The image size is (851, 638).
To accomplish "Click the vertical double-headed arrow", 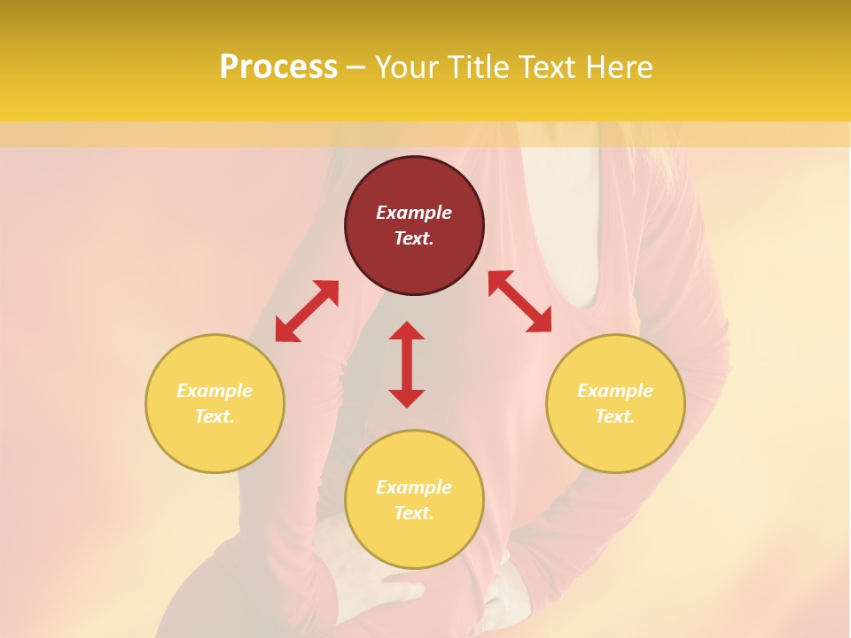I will click(x=407, y=364).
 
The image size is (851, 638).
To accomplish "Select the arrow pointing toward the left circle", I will click(x=307, y=311).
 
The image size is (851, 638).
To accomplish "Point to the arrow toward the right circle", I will click(x=520, y=301).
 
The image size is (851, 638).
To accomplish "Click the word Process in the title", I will click(x=278, y=66).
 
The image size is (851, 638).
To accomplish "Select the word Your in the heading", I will click(x=408, y=66).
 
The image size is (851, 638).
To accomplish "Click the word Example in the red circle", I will click(x=414, y=213).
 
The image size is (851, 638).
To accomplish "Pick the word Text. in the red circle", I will click(x=414, y=238).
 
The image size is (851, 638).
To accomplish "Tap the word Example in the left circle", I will click(x=215, y=391).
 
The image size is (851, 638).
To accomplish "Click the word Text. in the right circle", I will click(x=615, y=416).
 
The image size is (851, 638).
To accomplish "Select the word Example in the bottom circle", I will click(x=414, y=487).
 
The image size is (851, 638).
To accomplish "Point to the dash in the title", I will click(x=356, y=67).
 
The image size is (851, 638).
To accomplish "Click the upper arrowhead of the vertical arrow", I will click(x=407, y=331).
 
